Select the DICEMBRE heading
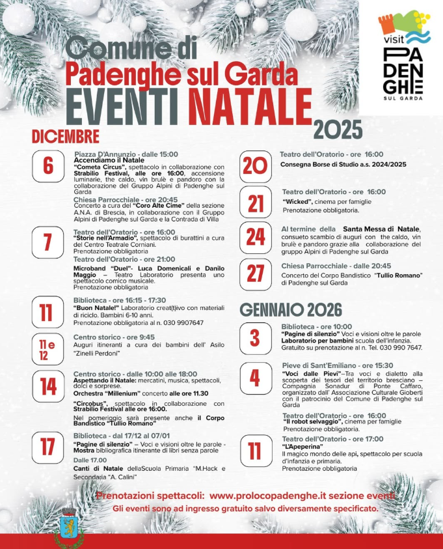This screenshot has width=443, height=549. pyautogui.click(x=66, y=135)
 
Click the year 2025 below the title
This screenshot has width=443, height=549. pyautogui.click(x=338, y=129)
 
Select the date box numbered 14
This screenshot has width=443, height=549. pyautogui.click(x=47, y=387)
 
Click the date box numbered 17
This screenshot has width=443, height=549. pyautogui.click(x=47, y=447)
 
